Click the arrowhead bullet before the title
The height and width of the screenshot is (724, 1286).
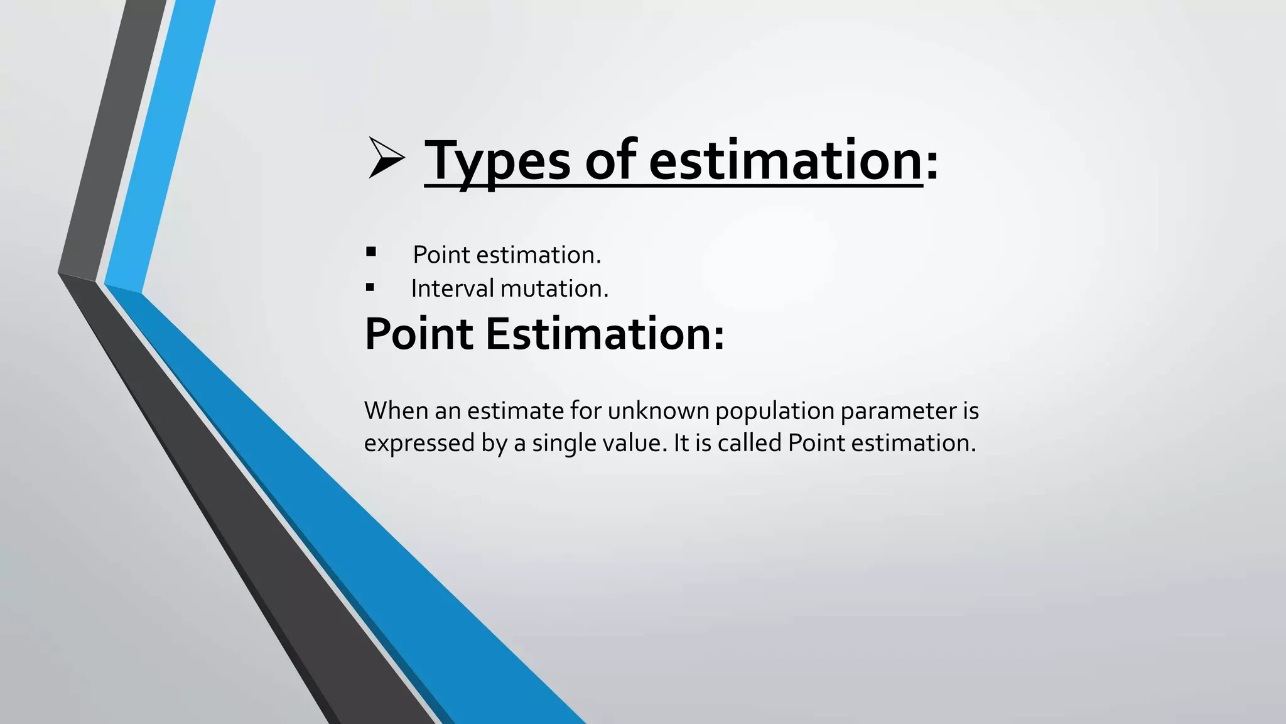point(385,158)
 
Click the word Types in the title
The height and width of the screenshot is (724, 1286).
point(497,161)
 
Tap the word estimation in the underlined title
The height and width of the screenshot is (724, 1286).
point(785,161)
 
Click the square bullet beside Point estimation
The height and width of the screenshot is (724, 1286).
point(371,252)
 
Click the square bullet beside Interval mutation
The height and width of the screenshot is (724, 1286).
point(370,288)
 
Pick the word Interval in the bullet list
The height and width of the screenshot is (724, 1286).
point(452,288)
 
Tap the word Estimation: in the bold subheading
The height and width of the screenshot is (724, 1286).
point(605,334)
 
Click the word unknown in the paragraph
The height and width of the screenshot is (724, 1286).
point(659,411)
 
